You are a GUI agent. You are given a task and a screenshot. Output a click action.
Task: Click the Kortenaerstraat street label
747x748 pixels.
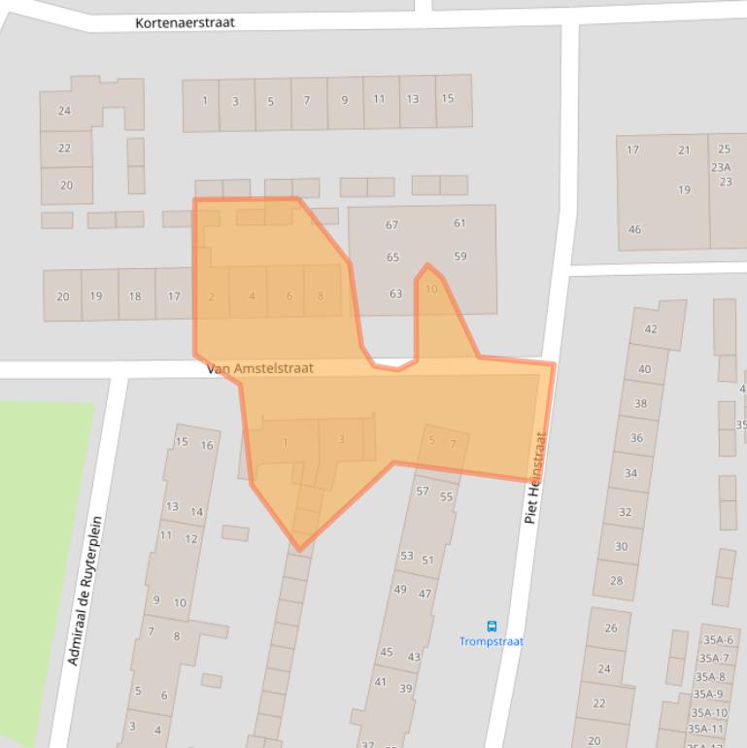[x=185, y=22]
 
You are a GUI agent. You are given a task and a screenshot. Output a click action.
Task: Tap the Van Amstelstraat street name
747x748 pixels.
[x=259, y=370]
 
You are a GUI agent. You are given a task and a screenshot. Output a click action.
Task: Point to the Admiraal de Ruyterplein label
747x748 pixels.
[x=85, y=590]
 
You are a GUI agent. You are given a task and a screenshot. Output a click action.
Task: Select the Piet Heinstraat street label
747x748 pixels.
[x=535, y=478]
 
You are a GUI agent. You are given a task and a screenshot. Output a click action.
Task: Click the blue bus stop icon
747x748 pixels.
[x=492, y=627]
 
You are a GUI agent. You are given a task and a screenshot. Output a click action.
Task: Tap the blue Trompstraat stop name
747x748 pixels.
[x=492, y=642]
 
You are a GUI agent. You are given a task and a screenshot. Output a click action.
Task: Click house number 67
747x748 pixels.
[x=392, y=225]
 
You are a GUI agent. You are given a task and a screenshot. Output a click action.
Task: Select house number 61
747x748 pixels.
[x=459, y=223]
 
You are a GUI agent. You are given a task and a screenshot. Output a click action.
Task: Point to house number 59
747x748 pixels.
[x=459, y=257]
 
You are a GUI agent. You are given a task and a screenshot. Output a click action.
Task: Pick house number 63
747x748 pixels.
[x=395, y=293]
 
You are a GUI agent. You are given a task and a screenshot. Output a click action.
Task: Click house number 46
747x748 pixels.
[x=634, y=230]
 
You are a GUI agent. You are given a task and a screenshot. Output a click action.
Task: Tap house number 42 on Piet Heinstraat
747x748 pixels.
[x=650, y=329]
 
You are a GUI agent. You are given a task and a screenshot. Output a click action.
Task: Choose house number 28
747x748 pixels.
[x=616, y=581]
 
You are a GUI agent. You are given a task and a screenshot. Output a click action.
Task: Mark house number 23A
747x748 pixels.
[x=722, y=167]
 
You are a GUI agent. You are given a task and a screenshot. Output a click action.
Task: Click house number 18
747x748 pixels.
[x=135, y=297]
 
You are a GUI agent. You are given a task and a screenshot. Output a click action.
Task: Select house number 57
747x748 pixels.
[x=423, y=492]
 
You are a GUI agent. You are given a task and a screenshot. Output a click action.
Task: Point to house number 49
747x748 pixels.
[x=400, y=590]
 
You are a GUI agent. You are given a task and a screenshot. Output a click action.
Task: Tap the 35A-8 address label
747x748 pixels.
[x=710, y=677]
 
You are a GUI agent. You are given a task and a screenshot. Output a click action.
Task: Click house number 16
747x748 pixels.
[x=207, y=446]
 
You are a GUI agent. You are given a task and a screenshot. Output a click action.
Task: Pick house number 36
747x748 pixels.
[x=636, y=438]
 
